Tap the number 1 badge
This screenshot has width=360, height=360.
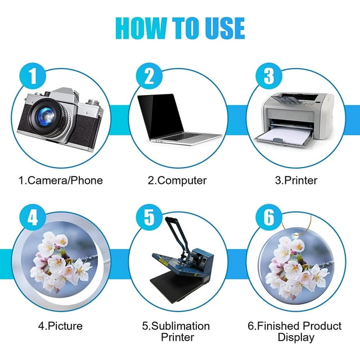tap(33, 76)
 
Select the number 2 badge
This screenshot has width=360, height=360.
tap(149, 76)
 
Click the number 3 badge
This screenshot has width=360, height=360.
tap(269, 76)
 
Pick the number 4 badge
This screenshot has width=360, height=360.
tap(33, 217)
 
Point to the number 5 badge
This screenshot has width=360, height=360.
tap(149, 217)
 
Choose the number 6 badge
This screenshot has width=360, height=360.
tap(269, 217)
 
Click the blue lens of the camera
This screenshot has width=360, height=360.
tap(47, 116)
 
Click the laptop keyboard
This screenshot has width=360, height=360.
tap(181, 137)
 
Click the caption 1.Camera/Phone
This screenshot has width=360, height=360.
tap(61, 181)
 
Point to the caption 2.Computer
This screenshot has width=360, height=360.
tap(177, 181)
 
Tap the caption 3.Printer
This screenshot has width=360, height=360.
tap(296, 181)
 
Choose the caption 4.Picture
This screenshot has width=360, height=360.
tap(60, 326)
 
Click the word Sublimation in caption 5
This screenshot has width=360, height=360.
tap(181, 326)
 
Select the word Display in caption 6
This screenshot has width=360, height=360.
tap(296, 337)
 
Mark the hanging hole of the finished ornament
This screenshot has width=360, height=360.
tap(296, 235)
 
